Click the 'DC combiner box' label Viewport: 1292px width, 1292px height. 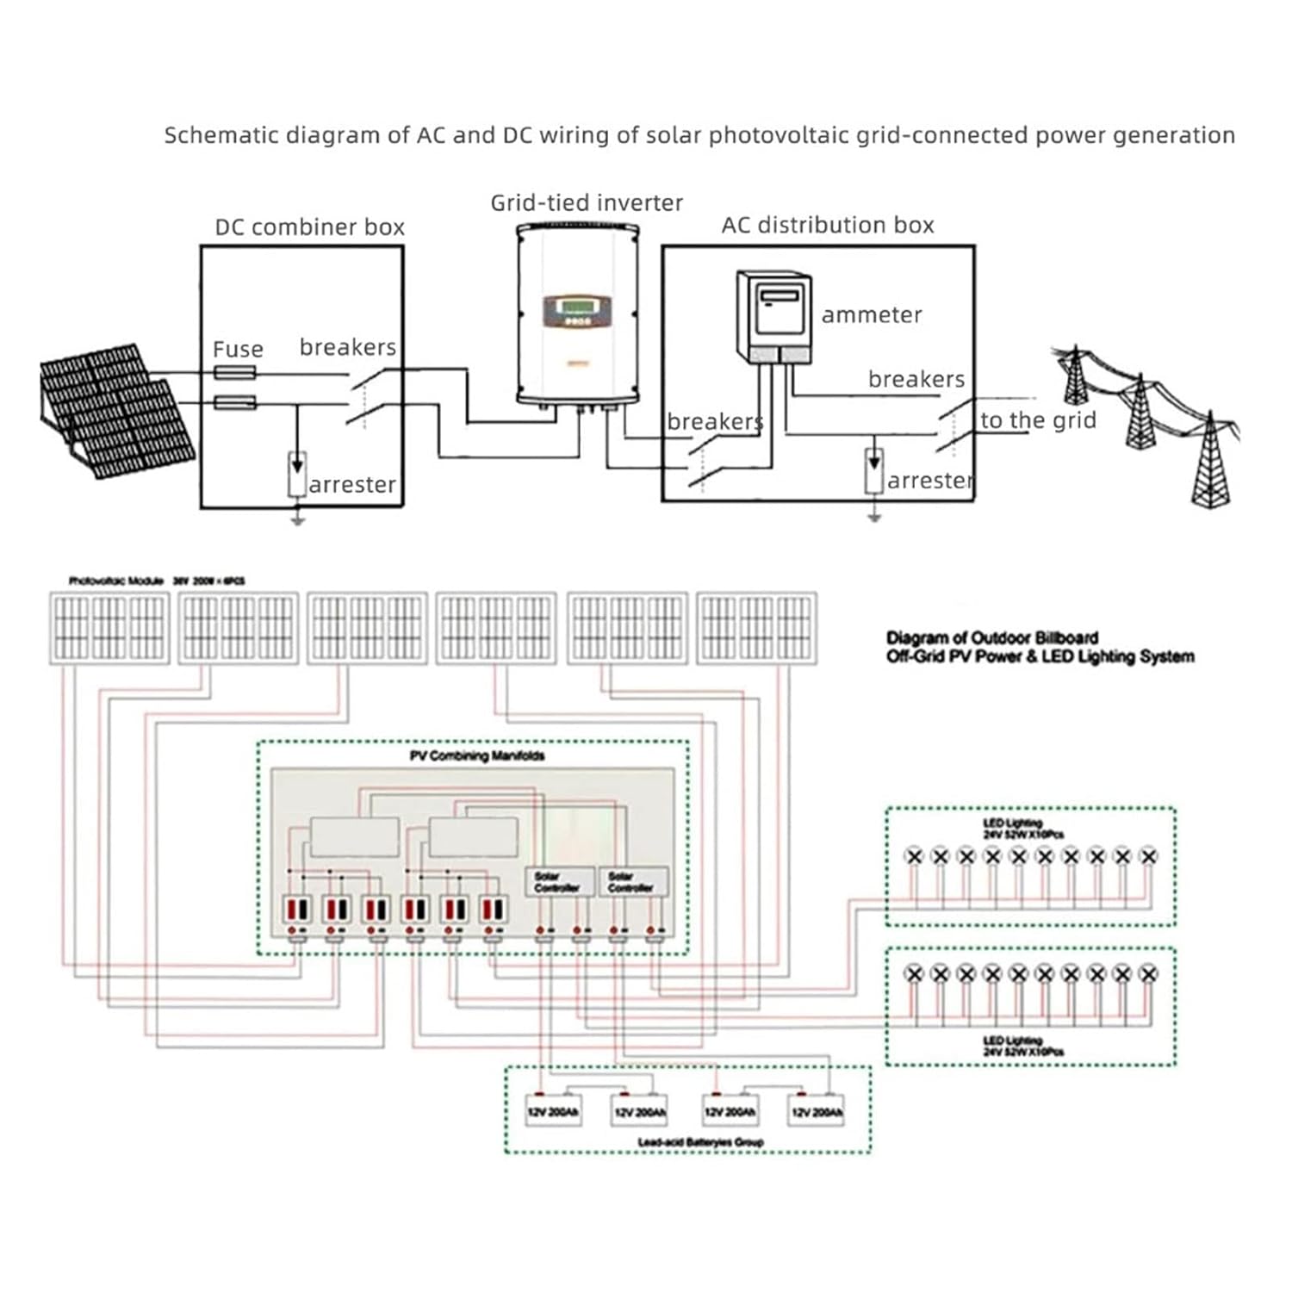click(309, 227)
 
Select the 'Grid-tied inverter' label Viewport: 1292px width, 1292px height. click(586, 203)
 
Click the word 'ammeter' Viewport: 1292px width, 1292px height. click(871, 315)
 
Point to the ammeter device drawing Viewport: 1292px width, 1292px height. click(773, 317)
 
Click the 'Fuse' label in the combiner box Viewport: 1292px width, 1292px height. click(238, 350)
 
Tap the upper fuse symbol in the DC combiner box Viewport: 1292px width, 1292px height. click(234, 372)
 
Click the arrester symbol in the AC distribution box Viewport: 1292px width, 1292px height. click(874, 470)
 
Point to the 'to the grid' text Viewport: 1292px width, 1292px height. click(1038, 420)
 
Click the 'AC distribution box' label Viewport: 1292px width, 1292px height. click(827, 226)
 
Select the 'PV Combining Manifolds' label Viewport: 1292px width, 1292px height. click(476, 756)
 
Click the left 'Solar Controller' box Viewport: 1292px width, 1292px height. click(558, 881)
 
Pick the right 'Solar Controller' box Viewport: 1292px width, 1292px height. click(631, 881)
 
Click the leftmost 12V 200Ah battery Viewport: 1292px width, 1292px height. click(553, 1112)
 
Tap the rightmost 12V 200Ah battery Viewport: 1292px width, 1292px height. click(816, 1112)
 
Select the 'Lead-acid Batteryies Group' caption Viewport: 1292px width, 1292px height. click(699, 1142)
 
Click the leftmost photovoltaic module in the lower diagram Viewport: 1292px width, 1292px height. click(109, 628)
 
